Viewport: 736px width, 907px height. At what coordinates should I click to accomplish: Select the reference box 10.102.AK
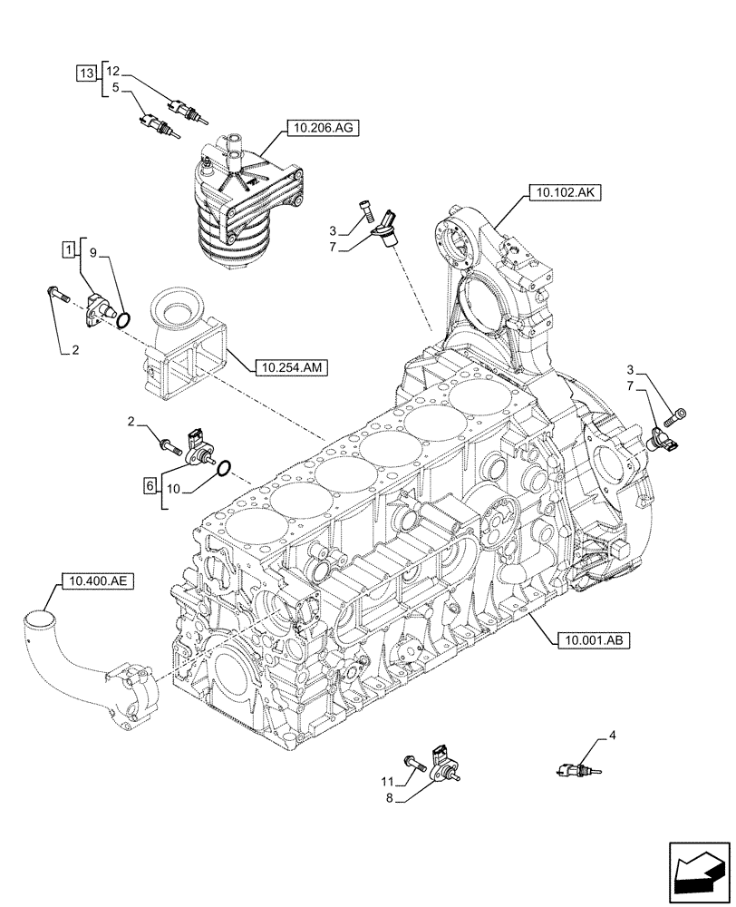pos(556,192)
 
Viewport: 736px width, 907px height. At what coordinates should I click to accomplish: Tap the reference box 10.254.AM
pos(292,367)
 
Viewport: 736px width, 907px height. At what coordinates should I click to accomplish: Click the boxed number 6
pos(149,486)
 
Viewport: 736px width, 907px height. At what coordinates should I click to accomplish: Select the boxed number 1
pos(69,248)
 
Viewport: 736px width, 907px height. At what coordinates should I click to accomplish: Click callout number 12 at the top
pos(112,71)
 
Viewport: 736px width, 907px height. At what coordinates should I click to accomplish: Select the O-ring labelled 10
pos(225,468)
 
